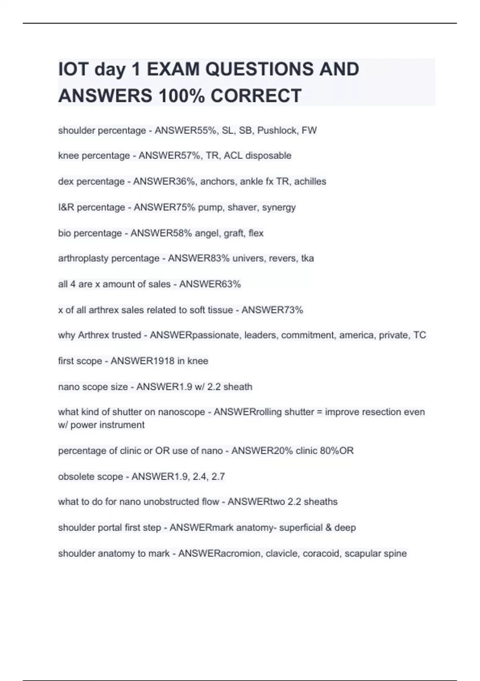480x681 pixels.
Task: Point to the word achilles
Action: [310, 181]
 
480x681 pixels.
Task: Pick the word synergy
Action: [279, 208]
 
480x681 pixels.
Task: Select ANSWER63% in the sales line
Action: [210, 284]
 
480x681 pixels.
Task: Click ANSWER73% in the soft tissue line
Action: [272, 310]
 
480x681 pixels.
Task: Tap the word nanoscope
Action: [182, 412]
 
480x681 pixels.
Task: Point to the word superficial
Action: [300, 528]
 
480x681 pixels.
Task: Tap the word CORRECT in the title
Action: [256, 96]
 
